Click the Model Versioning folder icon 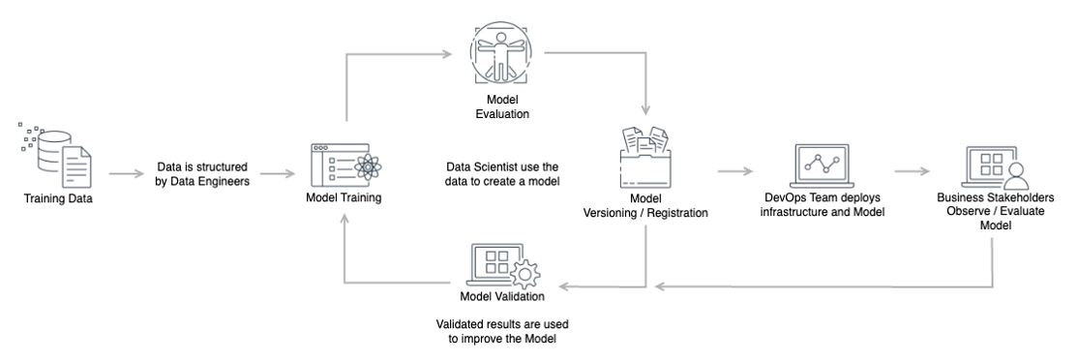point(645,160)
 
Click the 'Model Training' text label point(343,199)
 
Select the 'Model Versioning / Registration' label point(645,206)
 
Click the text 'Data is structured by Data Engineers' point(201,173)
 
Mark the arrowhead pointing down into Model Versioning point(645,109)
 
